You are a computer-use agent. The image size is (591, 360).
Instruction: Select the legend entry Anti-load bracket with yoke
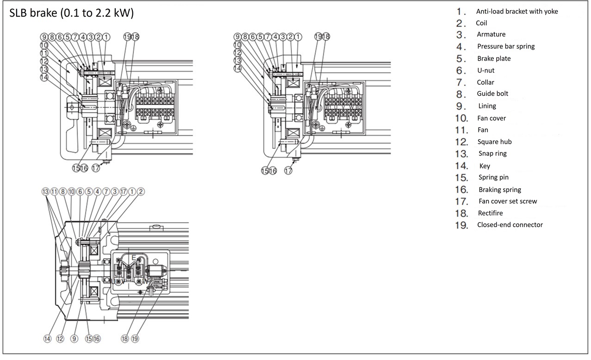517,11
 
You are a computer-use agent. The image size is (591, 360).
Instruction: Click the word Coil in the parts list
481,23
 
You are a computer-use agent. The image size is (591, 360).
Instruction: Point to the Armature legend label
491,34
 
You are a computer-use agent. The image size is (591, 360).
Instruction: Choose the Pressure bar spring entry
506,46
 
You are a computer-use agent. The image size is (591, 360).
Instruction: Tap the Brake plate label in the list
494,58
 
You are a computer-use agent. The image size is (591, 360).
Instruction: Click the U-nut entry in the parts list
486,70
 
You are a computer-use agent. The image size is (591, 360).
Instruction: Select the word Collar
485,82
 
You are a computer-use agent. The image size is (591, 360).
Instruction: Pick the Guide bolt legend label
493,93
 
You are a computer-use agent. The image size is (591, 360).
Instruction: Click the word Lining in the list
487,106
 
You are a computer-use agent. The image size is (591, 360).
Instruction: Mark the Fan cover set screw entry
508,201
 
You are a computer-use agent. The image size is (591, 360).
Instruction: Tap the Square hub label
494,142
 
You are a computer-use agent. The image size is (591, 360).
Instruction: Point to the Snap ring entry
492,153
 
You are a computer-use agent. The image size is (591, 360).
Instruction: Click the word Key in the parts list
485,166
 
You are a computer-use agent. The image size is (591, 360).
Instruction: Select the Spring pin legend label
493,177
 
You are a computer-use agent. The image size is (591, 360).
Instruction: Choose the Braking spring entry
500,189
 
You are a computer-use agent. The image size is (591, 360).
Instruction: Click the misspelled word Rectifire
490,213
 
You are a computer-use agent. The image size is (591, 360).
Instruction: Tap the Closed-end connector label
510,225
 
